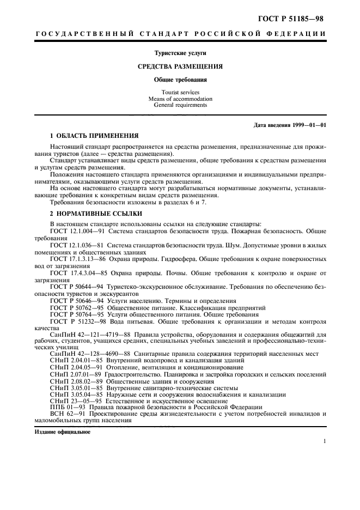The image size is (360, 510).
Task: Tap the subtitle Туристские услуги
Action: pyautogui.click(x=180, y=52)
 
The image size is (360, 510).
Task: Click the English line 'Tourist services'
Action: pyautogui.click(x=180, y=93)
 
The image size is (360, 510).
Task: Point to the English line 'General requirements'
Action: pyautogui.click(x=180, y=105)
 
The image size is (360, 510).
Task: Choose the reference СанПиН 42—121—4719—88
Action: pyautogui.click(x=90, y=335)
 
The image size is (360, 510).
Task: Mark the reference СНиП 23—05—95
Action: pyautogui.click(x=72, y=400)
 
